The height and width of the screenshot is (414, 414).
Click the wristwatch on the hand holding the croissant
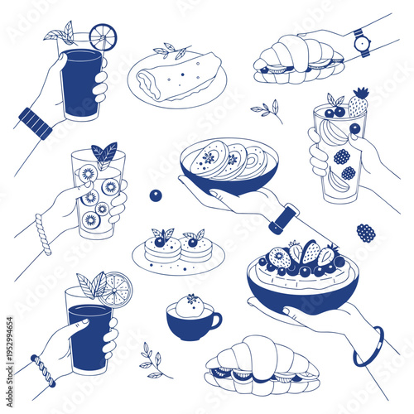361,42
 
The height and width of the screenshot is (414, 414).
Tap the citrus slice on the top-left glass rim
103,36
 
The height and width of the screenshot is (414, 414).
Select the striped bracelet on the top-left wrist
35,123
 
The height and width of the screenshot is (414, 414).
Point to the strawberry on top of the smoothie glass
358,104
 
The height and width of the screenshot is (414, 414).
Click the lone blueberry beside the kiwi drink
156,195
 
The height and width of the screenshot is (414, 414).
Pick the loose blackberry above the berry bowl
365,233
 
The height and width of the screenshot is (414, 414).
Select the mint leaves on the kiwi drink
103,154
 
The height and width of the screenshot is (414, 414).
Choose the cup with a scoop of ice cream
192,316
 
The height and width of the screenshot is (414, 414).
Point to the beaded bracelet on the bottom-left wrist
43,370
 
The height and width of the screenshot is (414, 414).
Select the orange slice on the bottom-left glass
116,288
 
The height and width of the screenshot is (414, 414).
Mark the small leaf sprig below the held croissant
267,109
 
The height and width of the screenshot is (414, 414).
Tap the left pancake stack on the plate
162,248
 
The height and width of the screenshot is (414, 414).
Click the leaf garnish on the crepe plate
174,51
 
